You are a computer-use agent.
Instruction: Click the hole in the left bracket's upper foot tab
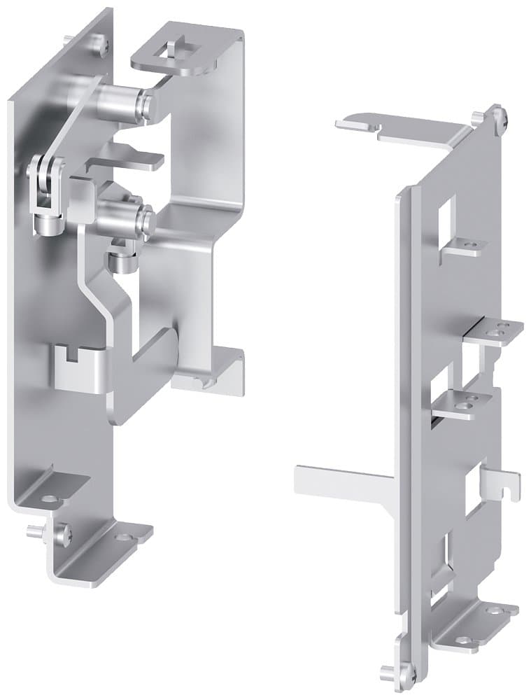click(50, 499)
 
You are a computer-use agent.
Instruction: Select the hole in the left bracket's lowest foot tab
click(123, 537)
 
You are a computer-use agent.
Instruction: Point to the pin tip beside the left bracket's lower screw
click(32, 531)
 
